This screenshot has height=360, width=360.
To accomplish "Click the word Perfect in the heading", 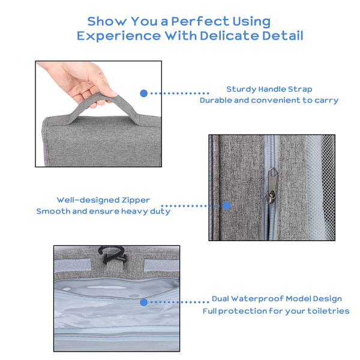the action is pyautogui.click(x=200, y=22).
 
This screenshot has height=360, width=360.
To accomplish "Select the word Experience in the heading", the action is pyautogui.click(x=119, y=36).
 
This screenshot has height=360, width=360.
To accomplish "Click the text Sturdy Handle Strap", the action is pyautogui.click(x=269, y=89).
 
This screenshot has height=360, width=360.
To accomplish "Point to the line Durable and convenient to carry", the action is pyautogui.click(x=269, y=100).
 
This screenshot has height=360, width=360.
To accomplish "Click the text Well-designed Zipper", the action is pyautogui.click(x=103, y=200).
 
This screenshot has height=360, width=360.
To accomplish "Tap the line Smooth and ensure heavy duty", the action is pyautogui.click(x=103, y=211).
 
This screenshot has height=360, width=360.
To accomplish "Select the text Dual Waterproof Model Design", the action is pyautogui.click(x=277, y=299).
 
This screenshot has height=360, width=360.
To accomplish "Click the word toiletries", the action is pyautogui.click(x=328, y=311).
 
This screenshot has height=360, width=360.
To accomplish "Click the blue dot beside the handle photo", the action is pyautogui.click(x=144, y=93).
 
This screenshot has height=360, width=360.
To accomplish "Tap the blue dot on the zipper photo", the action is pyautogui.click(x=226, y=206).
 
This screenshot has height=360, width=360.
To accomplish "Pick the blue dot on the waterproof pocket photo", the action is pyautogui.click(x=144, y=302).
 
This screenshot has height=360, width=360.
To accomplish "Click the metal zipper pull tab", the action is pyautogui.click(x=272, y=185).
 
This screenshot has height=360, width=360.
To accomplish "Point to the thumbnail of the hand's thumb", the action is pyautogui.click(x=113, y=93).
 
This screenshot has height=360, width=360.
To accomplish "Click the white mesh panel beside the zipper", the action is pyautogui.click(x=320, y=187).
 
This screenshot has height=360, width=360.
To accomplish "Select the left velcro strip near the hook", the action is pyautogui.click(x=73, y=265).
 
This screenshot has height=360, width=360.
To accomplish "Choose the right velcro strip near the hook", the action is pyautogui.click(x=161, y=265).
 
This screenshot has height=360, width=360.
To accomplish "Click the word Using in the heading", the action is pyautogui.click(x=251, y=22).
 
